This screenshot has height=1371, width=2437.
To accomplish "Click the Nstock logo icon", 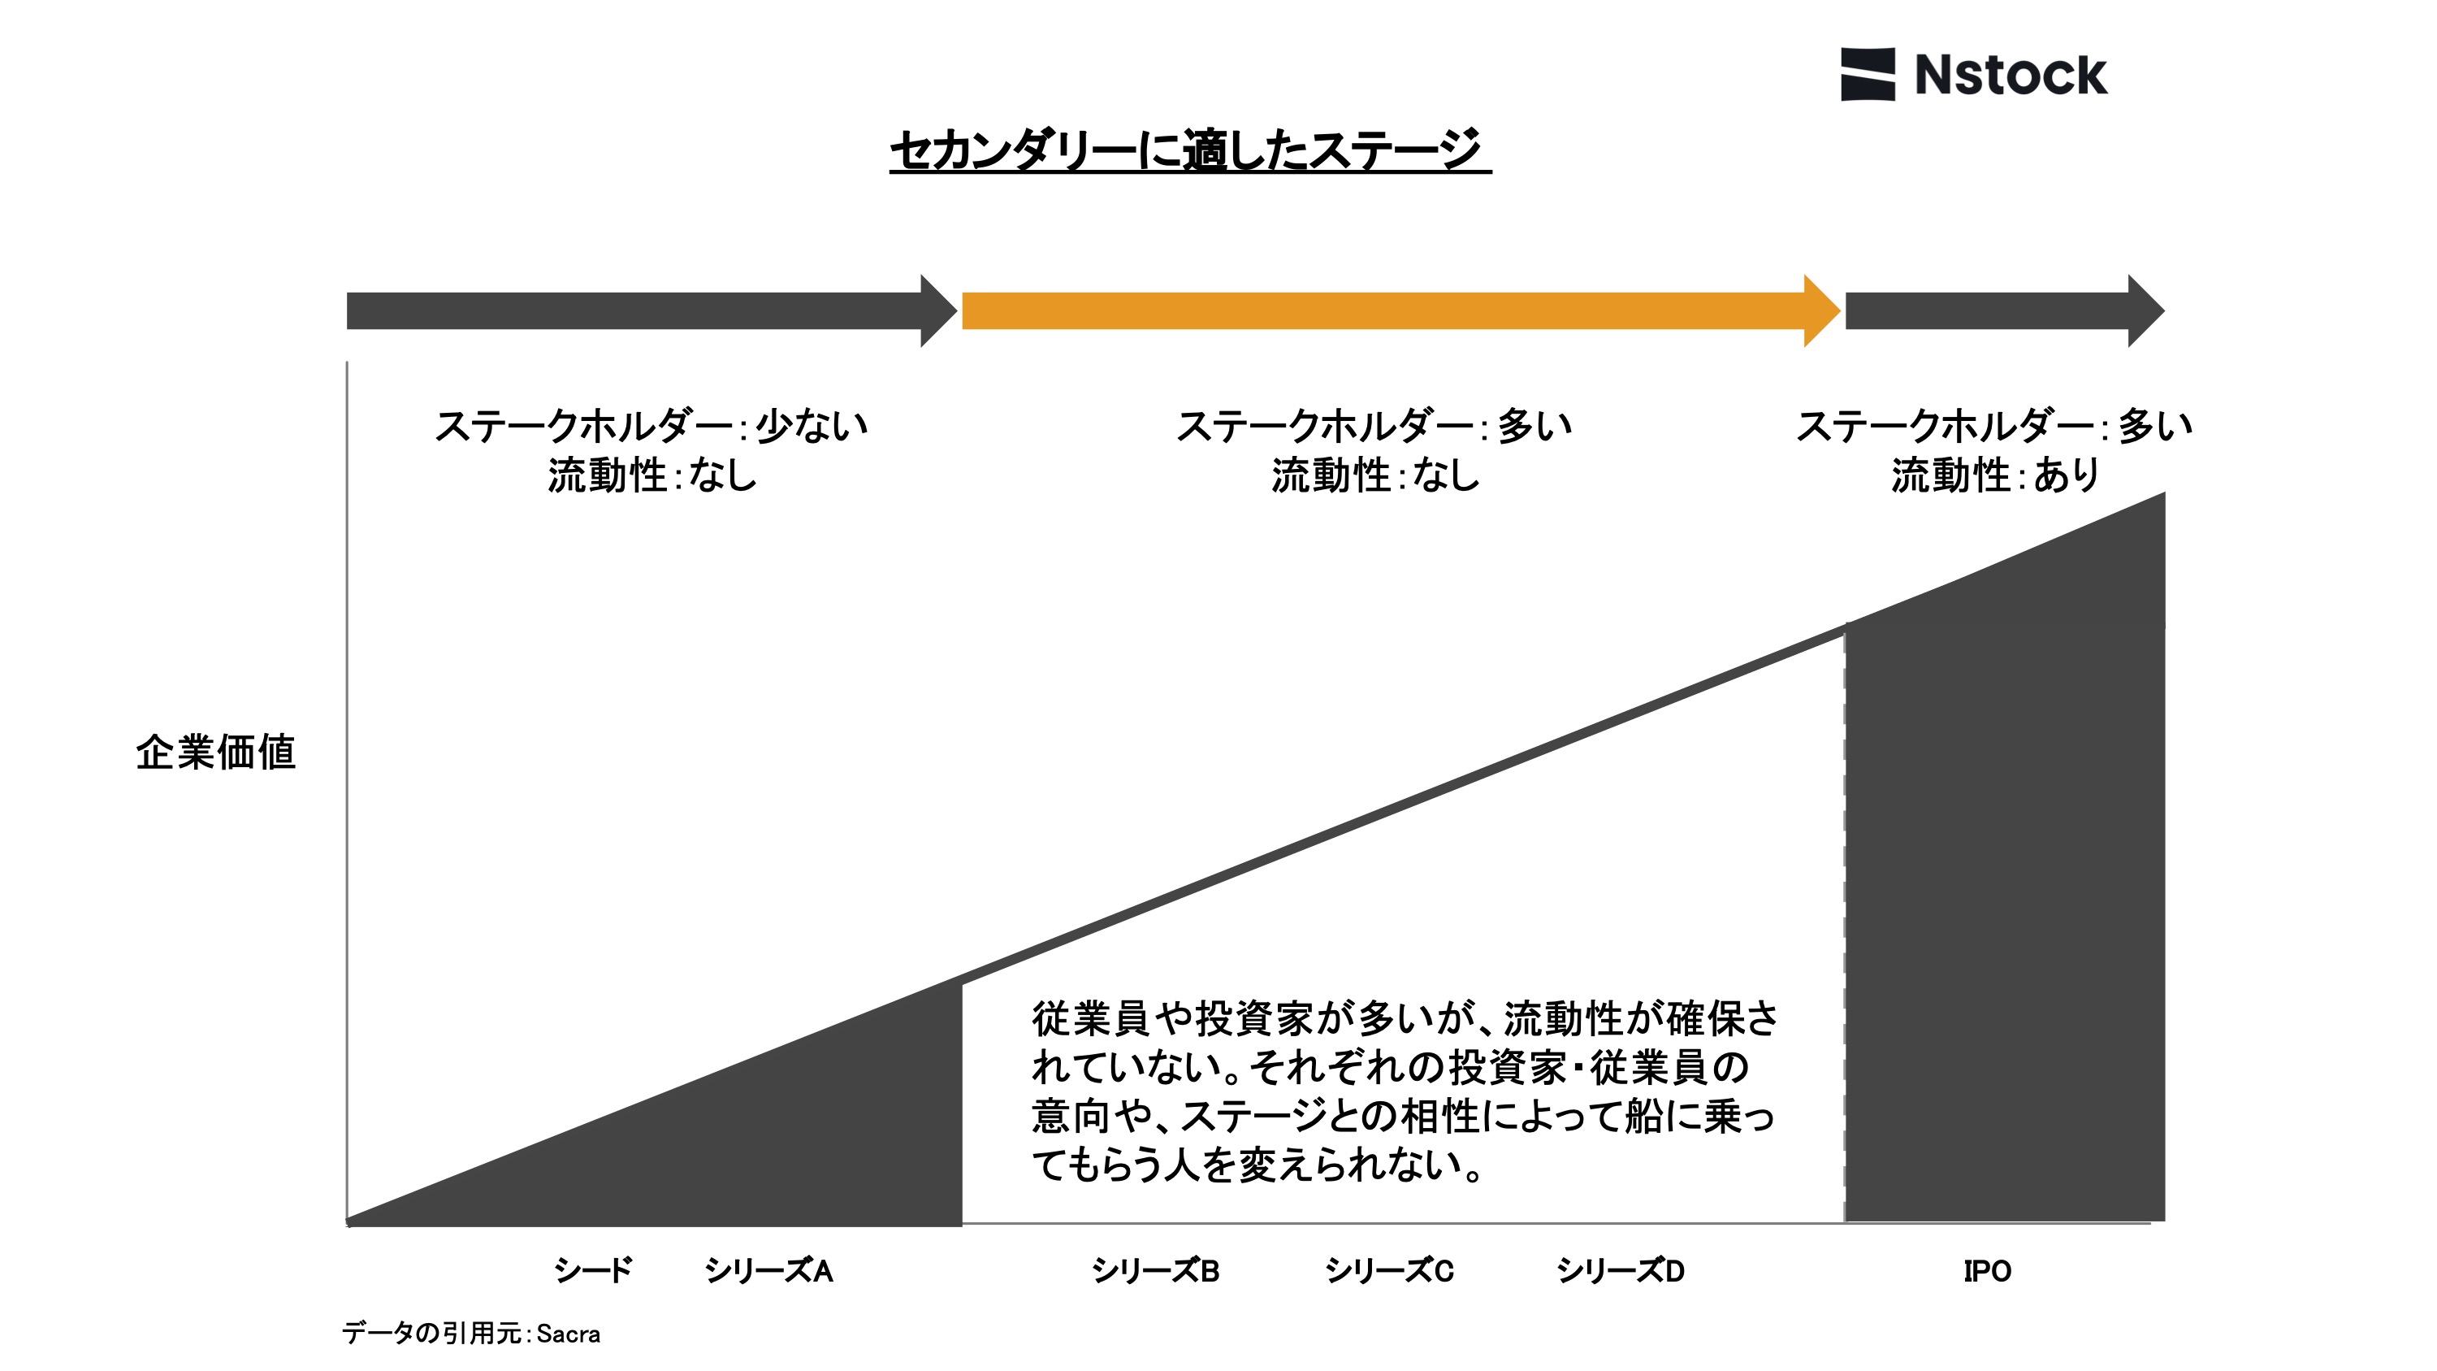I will point(1867,74).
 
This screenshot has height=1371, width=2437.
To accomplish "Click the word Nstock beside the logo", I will point(2011,76).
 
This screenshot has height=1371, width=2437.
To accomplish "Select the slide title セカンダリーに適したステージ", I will point(1188,150).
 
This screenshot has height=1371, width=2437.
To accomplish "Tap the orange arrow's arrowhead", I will point(1821,310).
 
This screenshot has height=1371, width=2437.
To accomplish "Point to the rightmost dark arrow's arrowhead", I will point(2145,310).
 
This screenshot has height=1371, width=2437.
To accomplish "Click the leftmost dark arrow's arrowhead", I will point(937,310).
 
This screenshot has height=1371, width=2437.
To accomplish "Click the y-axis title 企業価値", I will point(216,753).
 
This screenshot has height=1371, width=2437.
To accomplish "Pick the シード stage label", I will point(593,1269).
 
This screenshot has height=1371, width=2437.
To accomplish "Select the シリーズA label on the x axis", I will point(768,1269).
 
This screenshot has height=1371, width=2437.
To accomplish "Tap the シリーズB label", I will point(1155,1269).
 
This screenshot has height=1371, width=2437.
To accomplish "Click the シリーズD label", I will point(1621,1269).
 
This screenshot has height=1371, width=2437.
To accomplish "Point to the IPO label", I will point(1987,1269).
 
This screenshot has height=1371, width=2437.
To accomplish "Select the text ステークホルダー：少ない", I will point(651,426).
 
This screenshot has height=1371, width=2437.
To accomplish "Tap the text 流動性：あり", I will point(1994,475).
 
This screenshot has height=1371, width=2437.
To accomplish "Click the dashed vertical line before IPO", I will point(1844,927).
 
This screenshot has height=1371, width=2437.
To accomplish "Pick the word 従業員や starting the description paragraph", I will point(1111,1019).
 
